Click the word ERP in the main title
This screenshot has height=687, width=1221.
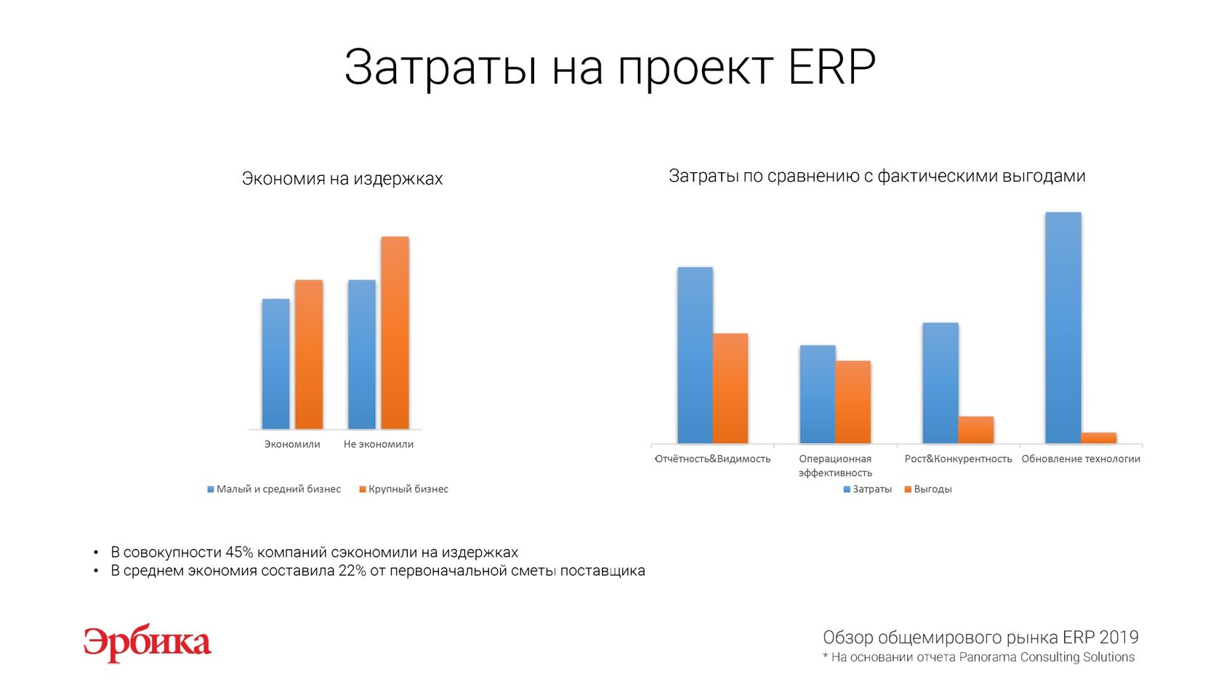point(831,67)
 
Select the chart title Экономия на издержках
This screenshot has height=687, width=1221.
point(342,179)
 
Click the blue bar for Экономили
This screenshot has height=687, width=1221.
point(276,363)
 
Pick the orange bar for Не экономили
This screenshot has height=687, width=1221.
point(395,333)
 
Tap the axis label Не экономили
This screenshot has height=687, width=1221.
point(378,444)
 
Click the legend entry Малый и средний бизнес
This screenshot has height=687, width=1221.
point(273,489)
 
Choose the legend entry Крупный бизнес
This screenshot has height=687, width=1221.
point(404,489)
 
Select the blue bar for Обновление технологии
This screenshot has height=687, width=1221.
point(1063,328)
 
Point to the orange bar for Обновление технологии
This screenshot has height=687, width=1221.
point(1099,438)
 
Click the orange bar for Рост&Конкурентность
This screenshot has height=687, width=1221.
point(976,430)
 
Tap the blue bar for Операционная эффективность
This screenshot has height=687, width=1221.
point(818,394)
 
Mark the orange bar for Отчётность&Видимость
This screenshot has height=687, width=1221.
point(730,388)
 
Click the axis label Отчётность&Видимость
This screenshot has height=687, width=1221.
point(712,459)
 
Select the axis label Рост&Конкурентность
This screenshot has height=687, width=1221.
point(958,459)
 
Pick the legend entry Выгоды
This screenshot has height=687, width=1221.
point(928,489)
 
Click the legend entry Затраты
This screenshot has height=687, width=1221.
point(867,489)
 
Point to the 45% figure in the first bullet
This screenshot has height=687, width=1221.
point(239,553)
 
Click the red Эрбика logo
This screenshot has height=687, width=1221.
point(147,643)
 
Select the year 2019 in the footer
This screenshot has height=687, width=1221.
point(1119,638)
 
